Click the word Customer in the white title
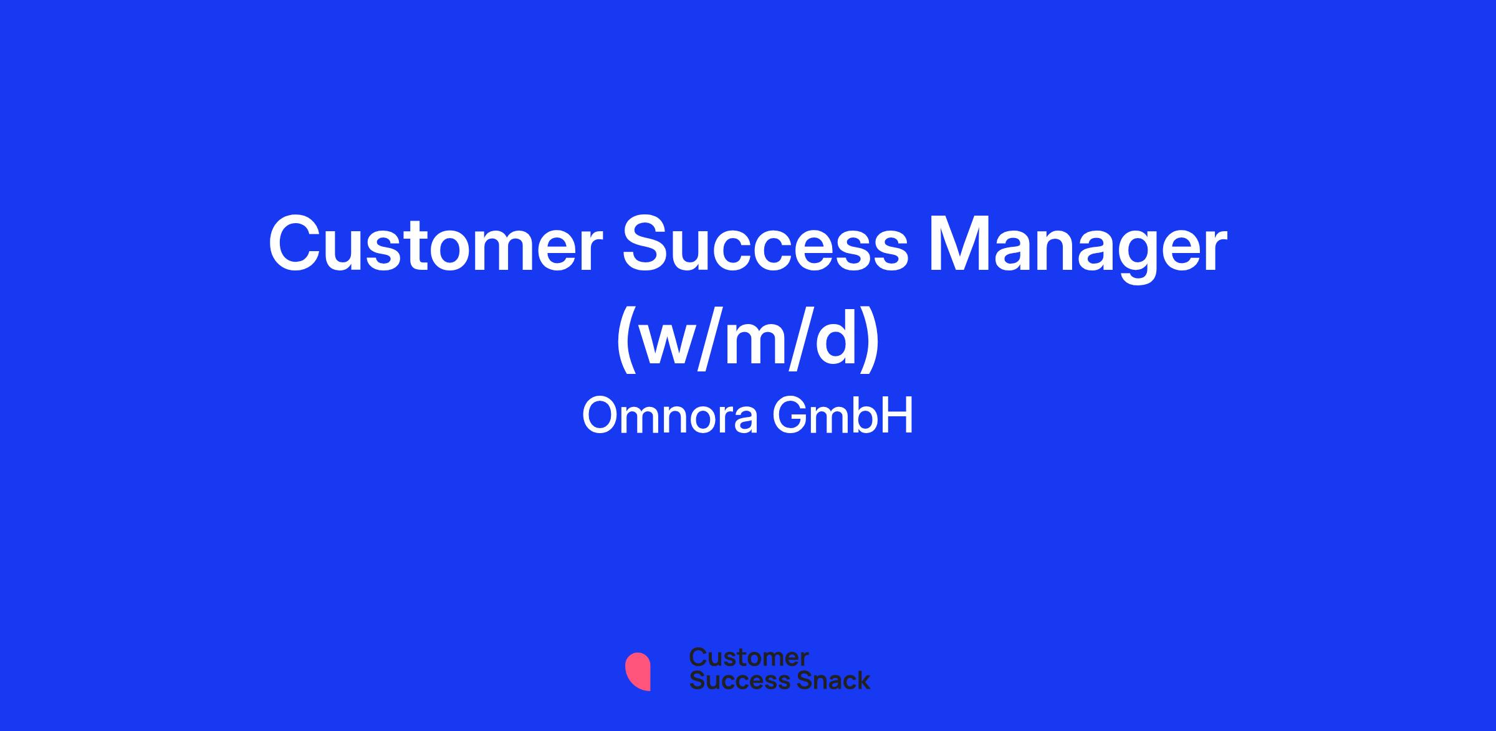tap(436, 244)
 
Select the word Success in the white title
tap(766, 244)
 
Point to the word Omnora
tap(670, 416)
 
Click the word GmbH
tap(843, 416)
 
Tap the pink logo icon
tap(638, 672)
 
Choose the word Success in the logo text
tap(732, 680)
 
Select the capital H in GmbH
tap(899, 416)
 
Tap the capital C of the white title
tap(294, 244)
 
